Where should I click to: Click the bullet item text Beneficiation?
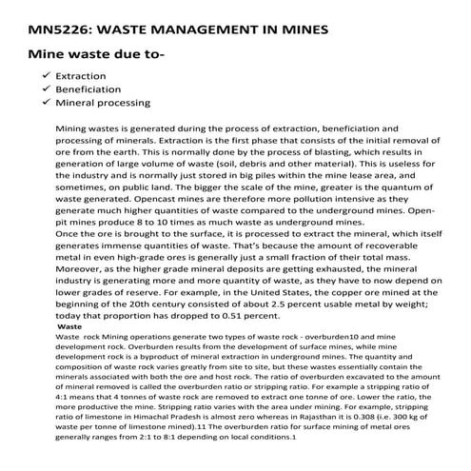click(90, 88)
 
